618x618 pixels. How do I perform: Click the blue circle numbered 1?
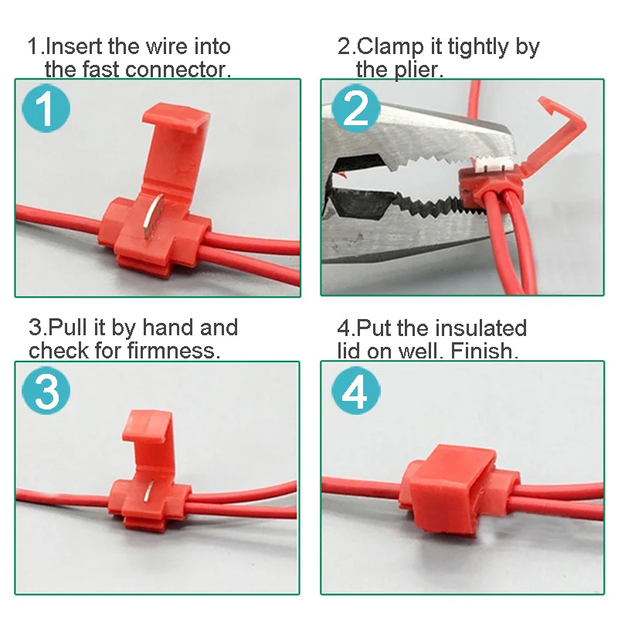(46, 110)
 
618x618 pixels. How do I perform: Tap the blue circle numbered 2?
(355, 110)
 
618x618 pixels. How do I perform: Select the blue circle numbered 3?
(46, 392)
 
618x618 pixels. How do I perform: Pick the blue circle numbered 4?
(355, 393)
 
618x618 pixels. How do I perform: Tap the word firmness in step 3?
(175, 351)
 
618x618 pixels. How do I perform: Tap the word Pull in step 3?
(68, 328)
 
